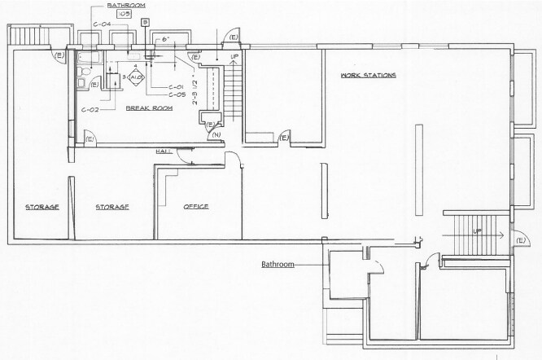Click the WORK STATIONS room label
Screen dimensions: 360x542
pyautogui.click(x=368, y=76)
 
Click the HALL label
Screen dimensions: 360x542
pyautogui.click(x=162, y=152)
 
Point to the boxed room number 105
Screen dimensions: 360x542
pyautogui.click(x=125, y=15)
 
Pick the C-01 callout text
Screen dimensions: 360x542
pyautogui.click(x=175, y=86)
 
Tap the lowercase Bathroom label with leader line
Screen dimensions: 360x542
pyautogui.click(x=277, y=265)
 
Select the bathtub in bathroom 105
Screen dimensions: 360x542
pyautogui.click(x=85, y=59)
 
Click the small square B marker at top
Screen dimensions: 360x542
pyautogui.click(x=144, y=22)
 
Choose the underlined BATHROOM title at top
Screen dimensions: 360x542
pyautogui.click(x=125, y=5)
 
